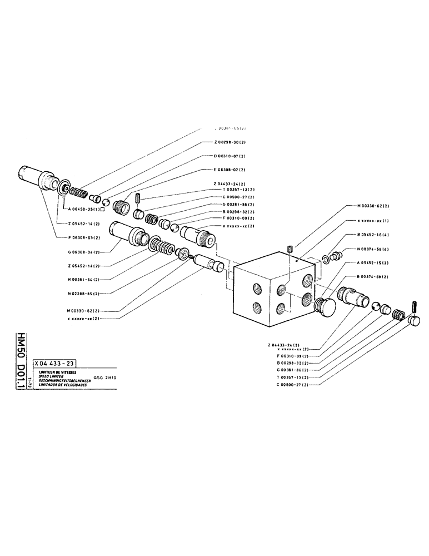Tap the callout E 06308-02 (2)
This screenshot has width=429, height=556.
click(231, 170)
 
